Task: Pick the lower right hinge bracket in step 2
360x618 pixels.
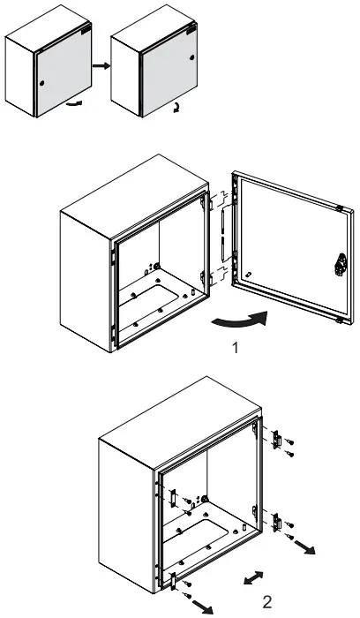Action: pyautogui.click(x=277, y=523)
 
